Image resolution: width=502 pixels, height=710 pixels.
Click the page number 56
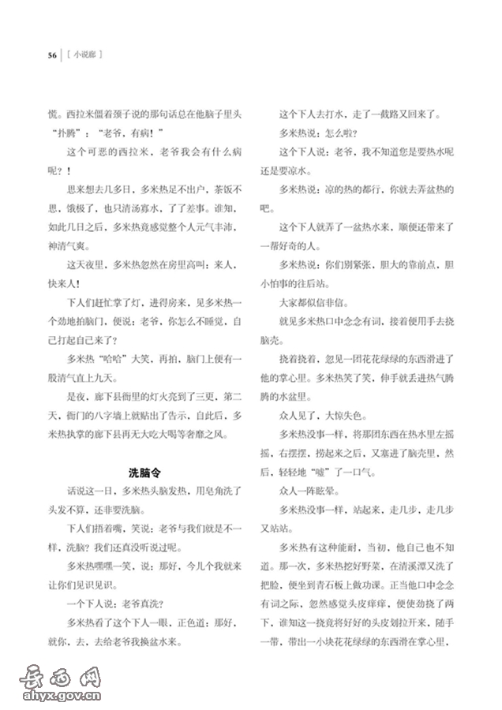tap(51, 54)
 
